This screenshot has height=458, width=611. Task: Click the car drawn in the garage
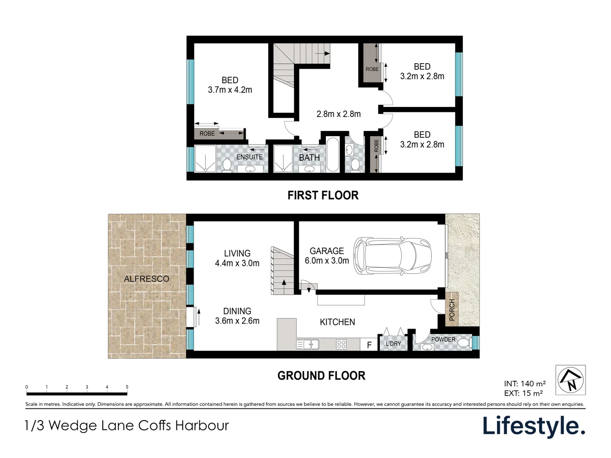point(393,256)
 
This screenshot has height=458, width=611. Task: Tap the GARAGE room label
point(326,251)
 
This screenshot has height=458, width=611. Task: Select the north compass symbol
point(571,380)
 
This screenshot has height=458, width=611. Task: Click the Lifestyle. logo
point(534,426)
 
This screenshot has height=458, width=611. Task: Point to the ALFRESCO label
point(146,279)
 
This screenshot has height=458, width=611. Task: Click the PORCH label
point(452,309)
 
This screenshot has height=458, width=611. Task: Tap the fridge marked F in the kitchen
point(369,345)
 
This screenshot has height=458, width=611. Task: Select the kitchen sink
point(308,344)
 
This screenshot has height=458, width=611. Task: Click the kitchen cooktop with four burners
point(342,344)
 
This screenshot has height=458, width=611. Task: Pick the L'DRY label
point(393,343)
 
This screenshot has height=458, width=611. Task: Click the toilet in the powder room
point(465,342)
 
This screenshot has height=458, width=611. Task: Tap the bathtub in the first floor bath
point(333,154)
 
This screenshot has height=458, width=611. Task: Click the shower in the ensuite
point(205,159)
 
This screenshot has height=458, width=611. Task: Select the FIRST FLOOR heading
point(323,195)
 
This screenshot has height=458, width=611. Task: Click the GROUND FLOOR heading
point(321,376)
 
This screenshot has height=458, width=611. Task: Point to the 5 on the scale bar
point(127,387)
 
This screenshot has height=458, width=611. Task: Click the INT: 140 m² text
point(524,384)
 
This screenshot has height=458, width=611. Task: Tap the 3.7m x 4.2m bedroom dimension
point(230,90)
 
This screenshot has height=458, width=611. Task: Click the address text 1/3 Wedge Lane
point(127,425)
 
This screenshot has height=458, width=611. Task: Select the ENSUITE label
point(249,157)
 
